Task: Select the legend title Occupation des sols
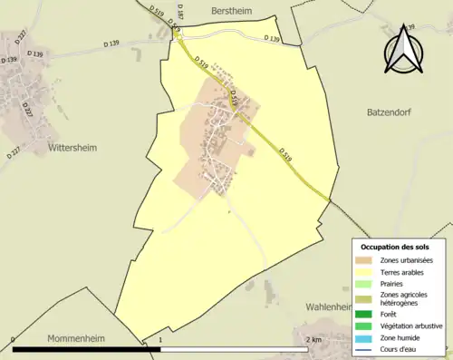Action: tap(396, 247)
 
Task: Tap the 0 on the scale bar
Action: tap(14, 340)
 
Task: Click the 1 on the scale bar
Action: tap(160, 340)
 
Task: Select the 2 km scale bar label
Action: tap(313, 340)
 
